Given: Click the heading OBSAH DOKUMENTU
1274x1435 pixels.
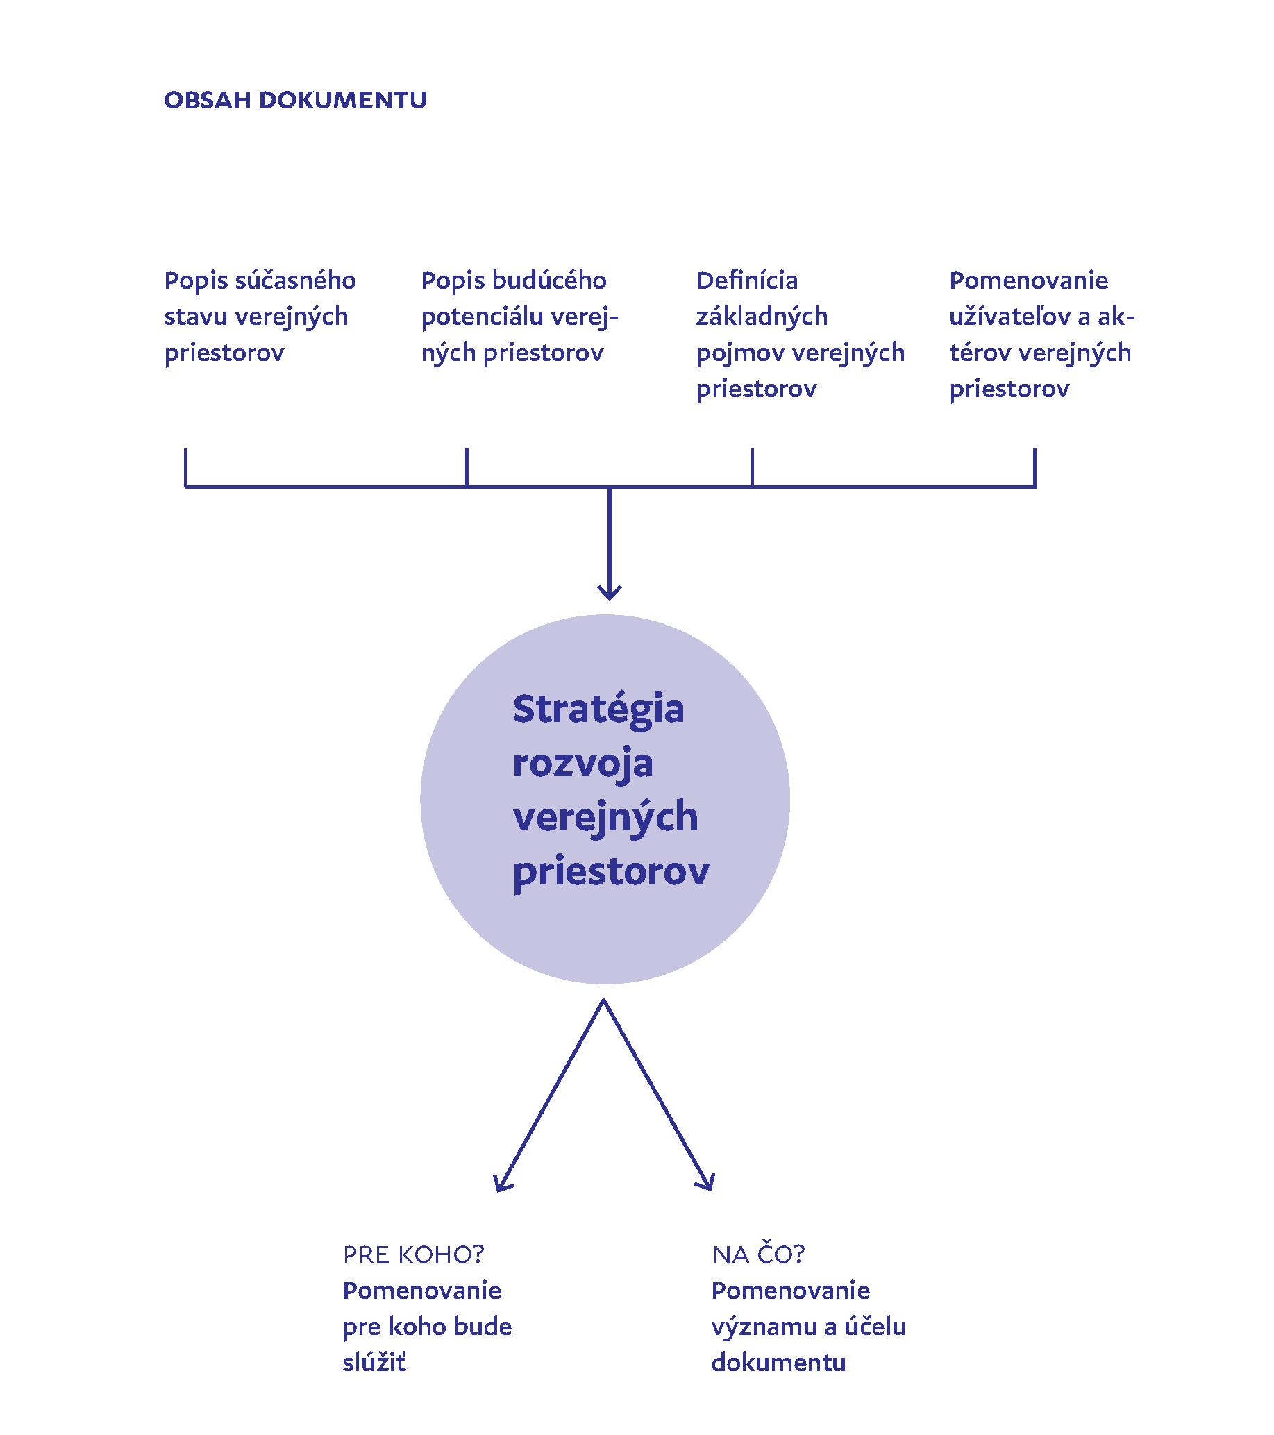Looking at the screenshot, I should click(x=295, y=101).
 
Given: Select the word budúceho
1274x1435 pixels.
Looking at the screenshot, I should click(x=549, y=281).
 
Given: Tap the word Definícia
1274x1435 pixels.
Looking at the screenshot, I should click(x=747, y=281).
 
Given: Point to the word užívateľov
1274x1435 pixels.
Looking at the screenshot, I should click(x=1009, y=317).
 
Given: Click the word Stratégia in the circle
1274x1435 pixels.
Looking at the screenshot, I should click(x=598, y=709).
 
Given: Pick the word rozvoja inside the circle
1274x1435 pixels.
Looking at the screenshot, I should click(x=582, y=764).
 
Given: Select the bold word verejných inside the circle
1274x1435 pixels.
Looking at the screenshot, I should click(x=605, y=818).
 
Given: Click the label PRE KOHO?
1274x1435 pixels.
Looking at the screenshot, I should click(x=413, y=1254).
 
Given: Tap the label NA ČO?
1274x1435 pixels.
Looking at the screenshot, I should click(x=758, y=1254).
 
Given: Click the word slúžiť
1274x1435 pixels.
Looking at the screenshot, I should click(x=374, y=1363).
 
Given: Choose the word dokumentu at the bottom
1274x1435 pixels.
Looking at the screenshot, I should click(x=778, y=1363).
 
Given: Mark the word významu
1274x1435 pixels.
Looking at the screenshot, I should click(x=764, y=1327).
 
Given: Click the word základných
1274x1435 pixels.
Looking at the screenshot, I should click(x=762, y=317).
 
